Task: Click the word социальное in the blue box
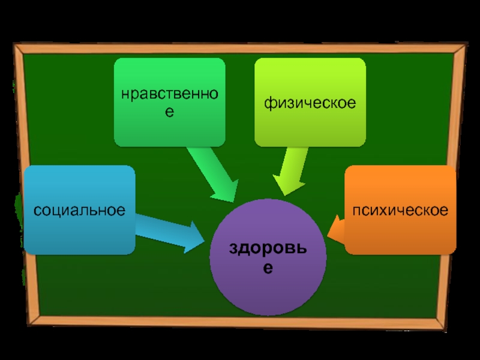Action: (x=79, y=211)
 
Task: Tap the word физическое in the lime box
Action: (x=310, y=103)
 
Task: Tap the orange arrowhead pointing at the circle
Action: (x=337, y=232)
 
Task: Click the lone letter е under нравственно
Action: (x=170, y=113)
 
